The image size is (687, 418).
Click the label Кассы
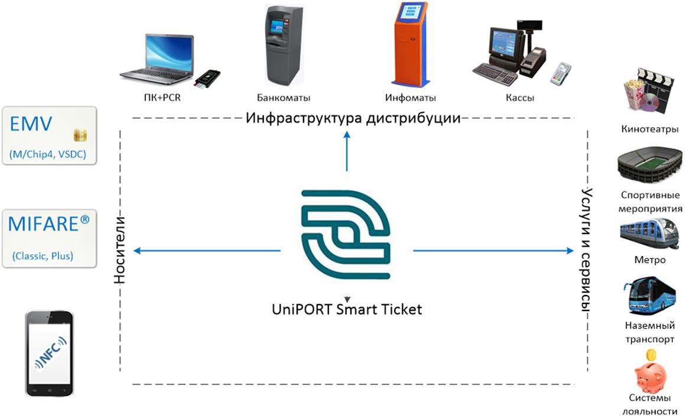(x=520, y=98)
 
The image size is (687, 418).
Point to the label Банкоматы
(x=284, y=98)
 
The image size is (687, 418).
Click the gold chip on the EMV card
(x=80, y=135)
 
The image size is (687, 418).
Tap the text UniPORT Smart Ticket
(x=347, y=309)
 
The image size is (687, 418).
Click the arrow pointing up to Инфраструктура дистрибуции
(x=347, y=151)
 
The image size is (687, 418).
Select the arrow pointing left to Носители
(x=207, y=251)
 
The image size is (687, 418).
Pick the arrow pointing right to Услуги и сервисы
(x=493, y=251)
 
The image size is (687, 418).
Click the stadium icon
(x=648, y=167)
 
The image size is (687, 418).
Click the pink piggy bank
(x=650, y=373)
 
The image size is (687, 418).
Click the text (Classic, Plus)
(x=43, y=257)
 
